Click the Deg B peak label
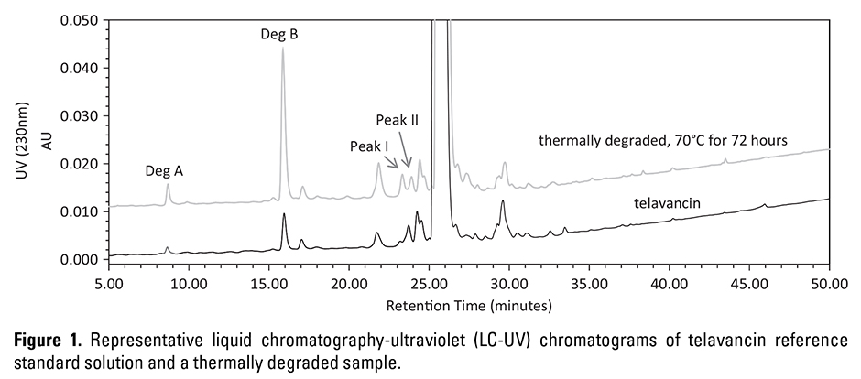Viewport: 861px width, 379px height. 280,35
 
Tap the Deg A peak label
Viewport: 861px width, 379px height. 164,170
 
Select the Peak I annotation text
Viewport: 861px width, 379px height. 369,146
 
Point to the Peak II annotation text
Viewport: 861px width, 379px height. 397,120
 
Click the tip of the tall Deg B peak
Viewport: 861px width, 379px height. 283,49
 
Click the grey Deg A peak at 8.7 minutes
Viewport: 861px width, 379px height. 168,186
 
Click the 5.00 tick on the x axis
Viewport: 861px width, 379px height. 109,284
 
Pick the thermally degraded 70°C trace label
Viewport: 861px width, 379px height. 663,140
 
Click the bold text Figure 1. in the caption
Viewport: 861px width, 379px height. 52,341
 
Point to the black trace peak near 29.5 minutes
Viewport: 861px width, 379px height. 503,203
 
